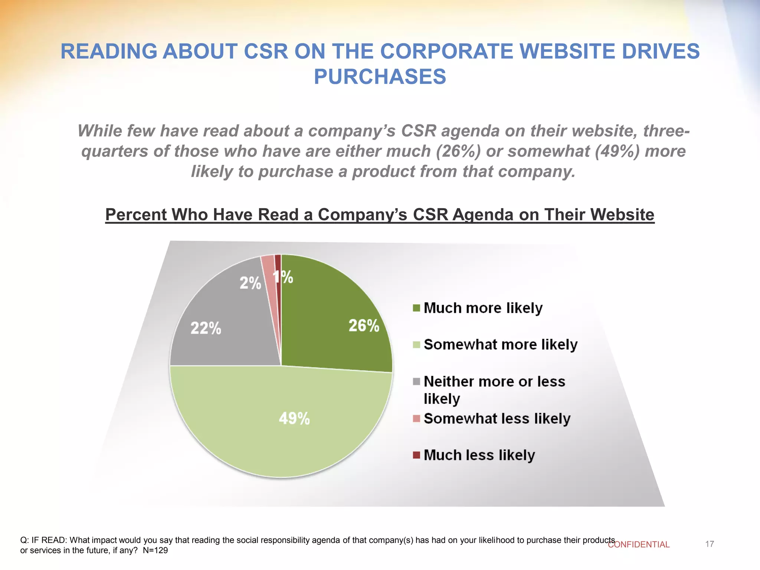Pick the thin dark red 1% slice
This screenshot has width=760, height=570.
[278, 267]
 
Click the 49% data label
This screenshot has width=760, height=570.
[294, 419]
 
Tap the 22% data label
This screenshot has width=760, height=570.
[206, 328]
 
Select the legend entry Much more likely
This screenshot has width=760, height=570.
[482, 308]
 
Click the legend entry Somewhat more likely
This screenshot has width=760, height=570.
[500, 345]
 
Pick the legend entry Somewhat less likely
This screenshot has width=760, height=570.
[497, 419]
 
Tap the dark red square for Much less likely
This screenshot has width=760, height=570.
[416, 455]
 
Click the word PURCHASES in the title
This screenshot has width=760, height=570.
[380, 77]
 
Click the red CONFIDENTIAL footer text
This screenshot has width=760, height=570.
[639, 544]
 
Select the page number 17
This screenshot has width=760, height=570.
[710, 544]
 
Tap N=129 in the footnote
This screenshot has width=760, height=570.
[155, 550]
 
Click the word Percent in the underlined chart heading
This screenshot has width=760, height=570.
[134, 214]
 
